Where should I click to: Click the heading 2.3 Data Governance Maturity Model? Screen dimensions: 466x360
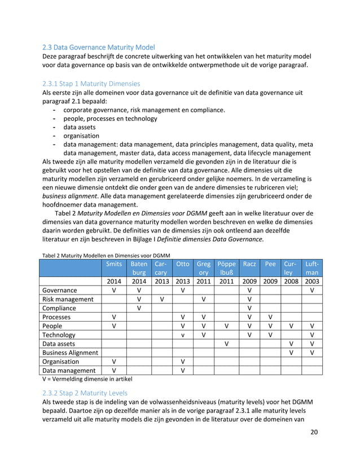coord(98,46)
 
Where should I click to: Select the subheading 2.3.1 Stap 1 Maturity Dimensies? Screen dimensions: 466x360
coord(91,83)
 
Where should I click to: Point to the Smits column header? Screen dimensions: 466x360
coord(114,263)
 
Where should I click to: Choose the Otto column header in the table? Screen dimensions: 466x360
coord(182,263)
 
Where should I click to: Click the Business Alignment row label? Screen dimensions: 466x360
coord(71,353)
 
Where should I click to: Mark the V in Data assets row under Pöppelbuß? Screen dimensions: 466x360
coord(226,344)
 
